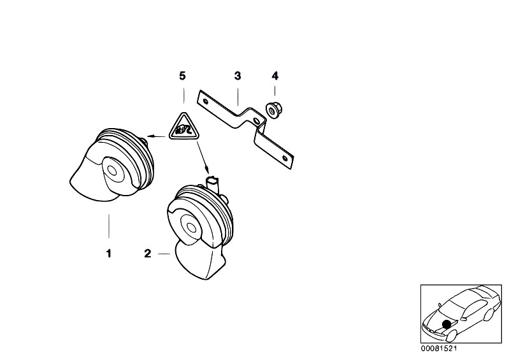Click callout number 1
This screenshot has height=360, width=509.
click(109, 253)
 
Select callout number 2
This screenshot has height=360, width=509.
click(148, 254)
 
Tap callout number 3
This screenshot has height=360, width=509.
click(238, 76)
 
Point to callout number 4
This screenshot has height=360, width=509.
click(275, 76)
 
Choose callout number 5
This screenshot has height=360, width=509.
click(182, 76)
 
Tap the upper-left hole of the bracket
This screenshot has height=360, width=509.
click(205, 101)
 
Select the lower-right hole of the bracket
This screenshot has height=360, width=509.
click(285, 159)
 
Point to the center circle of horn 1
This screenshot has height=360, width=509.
click(112, 171)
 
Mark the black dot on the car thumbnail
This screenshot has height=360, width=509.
click(447, 324)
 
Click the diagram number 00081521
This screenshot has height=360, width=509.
click(438, 349)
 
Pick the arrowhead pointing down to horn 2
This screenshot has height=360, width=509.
click(206, 169)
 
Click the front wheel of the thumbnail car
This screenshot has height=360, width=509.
click(450, 335)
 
